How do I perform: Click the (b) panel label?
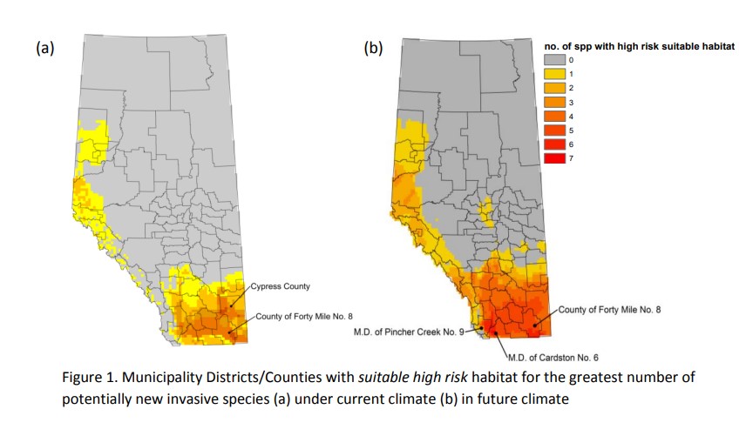[x=373, y=49]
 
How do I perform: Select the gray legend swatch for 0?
[x=554, y=60]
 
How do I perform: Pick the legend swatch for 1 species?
[x=554, y=74]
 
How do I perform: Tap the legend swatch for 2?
[x=554, y=88]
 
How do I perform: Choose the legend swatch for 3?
[x=554, y=102]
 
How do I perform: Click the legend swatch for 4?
[x=554, y=116]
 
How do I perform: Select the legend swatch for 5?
[x=554, y=130]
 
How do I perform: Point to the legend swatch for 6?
[x=554, y=144]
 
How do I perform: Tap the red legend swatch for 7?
[x=554, y=158]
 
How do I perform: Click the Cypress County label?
[x=281, y=285]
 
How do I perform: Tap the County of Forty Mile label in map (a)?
[x=306, y=316]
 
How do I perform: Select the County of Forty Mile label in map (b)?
[x=609, y=309]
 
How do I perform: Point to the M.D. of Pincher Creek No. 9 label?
[x=409, y=331]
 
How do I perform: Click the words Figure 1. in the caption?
[x=90, y=378]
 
